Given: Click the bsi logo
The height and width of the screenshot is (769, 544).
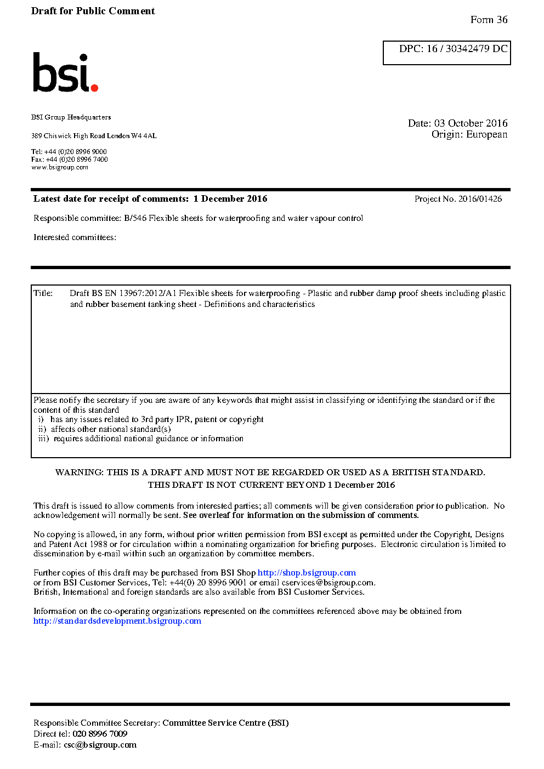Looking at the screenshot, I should (x=65, y=73).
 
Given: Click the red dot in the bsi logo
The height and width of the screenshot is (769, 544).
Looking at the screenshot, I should (x=94, y=87).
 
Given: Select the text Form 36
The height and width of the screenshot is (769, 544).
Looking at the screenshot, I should (x=489, y=20).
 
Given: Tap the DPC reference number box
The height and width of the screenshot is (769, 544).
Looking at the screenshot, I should (x=446, y=53).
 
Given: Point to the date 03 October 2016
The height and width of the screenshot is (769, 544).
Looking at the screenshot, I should (x=471, y=123).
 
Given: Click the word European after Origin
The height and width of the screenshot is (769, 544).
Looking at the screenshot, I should (x=486, y=134).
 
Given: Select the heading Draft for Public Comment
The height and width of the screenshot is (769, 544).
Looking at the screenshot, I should (x=93, y=11).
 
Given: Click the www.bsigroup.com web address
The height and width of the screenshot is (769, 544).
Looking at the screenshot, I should (x=60, y=167).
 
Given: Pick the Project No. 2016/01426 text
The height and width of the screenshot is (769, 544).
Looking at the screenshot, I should (x=458, y=199).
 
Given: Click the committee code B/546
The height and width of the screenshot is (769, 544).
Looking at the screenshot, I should (x=135, y=218).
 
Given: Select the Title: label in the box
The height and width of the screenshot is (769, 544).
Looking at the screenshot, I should (x=43, y=293).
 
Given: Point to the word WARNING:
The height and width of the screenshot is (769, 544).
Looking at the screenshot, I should (x=79, y=472).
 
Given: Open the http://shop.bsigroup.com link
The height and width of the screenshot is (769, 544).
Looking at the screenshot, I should (x=307, y=573).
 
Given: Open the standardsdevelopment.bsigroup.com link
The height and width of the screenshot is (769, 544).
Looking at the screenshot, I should (x=117, y=621).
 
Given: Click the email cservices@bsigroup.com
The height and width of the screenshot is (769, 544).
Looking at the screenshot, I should (x=328, y=583).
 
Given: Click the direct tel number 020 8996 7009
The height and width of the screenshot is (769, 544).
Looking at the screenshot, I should (x=100, y=734).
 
